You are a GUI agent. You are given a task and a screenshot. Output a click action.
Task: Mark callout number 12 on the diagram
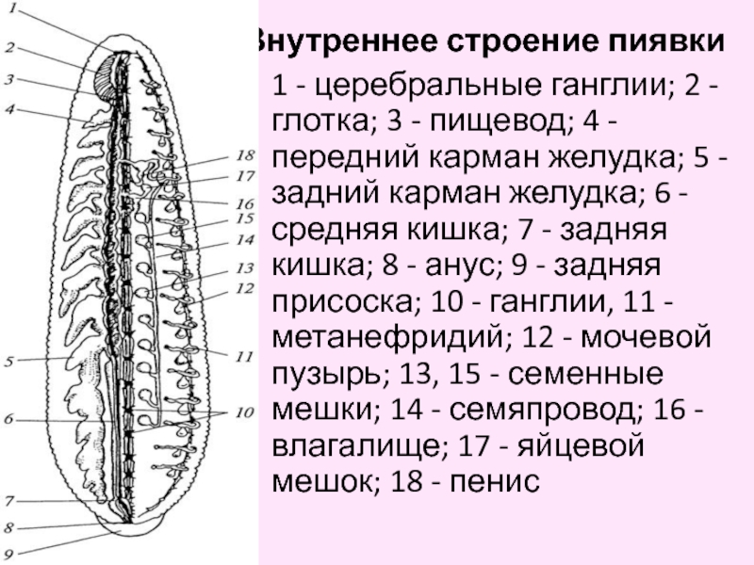(246, 287)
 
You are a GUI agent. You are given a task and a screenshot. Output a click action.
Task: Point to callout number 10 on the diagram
(245, 412)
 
